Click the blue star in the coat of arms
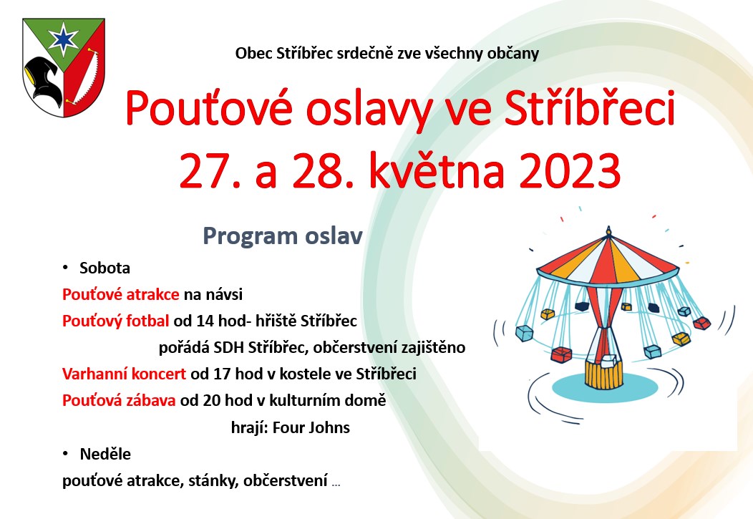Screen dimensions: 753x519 click(64, 39)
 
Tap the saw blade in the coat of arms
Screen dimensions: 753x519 click(83, 76)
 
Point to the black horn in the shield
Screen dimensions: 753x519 click(44, 79)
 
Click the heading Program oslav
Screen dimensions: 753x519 click(282, 236)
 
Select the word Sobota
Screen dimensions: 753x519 click(105, 268)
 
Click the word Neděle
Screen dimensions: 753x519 click(105, 454)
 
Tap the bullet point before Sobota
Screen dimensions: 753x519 click(65, 268)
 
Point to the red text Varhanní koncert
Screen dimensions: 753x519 click(124, 374)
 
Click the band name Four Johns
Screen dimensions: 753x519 click(311, 427)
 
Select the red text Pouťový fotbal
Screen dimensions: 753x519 click(116, 321)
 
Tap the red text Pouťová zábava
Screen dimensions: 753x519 click(119, 400)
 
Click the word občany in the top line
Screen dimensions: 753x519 click(513, 53)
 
